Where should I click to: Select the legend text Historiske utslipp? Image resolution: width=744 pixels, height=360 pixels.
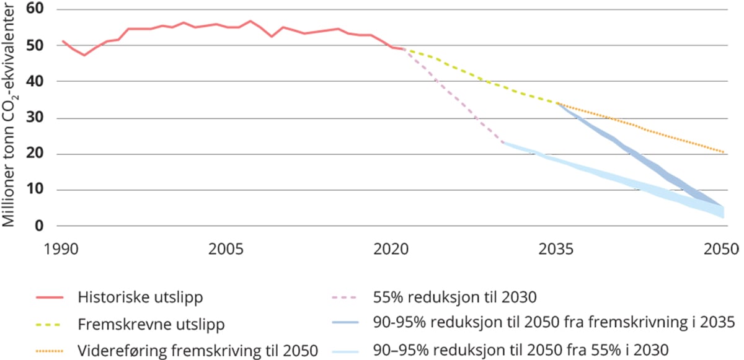(x=140, y=297)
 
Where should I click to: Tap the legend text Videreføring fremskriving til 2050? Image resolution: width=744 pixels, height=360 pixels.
(x=198, y=350)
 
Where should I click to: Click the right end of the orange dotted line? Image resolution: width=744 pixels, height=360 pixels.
(x=723, y=152)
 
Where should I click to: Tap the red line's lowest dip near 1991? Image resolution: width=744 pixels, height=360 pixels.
(x=84, y=55)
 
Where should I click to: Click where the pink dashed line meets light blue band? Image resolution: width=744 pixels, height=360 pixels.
(x=502, y=143)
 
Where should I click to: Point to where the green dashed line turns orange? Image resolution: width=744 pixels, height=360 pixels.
(x=557, y=103)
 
